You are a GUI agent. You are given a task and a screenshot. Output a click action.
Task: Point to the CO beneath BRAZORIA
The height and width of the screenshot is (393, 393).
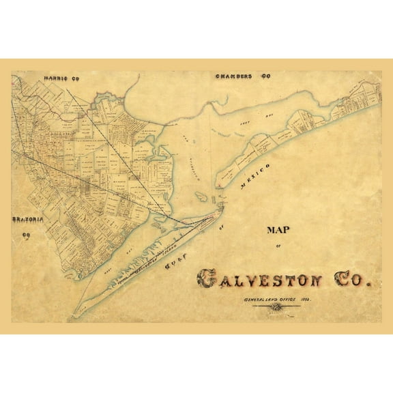(x=28, y=236)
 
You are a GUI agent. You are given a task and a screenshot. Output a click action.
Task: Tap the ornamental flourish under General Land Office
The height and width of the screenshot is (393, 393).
(x=276, y=310)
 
